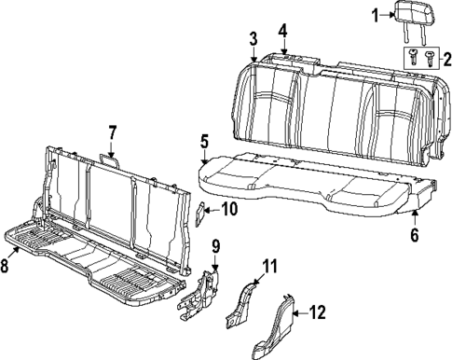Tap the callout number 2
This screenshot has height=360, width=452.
tap(444, 58)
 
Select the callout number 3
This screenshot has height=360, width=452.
tap(253, 38)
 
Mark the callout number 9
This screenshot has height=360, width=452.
tap(214, 247)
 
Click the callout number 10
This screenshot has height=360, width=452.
tap(229, 209)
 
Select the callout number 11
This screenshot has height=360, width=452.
tap(270, 269)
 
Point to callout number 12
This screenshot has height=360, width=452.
tap(317, 312)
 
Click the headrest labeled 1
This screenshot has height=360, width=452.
tap(413, 15)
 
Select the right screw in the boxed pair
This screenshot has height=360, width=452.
tap(428, 58)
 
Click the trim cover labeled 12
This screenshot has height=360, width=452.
tap(276, 326)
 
